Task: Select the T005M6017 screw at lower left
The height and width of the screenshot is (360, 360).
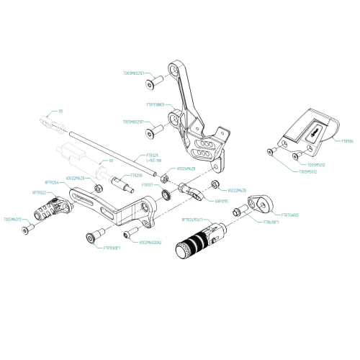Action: (27, 229)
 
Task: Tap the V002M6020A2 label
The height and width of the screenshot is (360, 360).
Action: (150, 242)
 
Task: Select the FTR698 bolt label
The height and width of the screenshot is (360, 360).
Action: (271, 223)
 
